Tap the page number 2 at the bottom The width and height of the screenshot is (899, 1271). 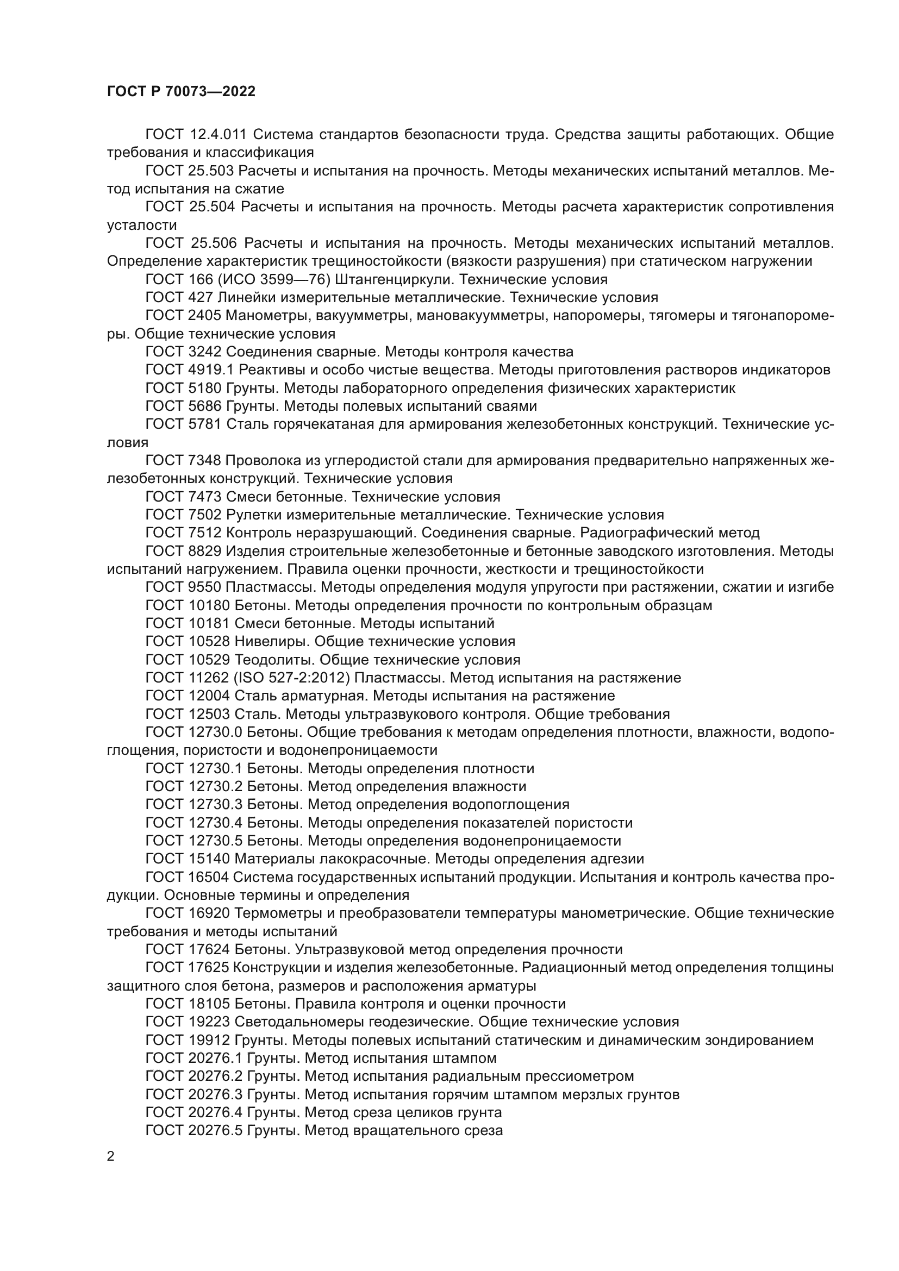tap(111, 1156)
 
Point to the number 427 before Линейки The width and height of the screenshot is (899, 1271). tap(201, 298)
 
